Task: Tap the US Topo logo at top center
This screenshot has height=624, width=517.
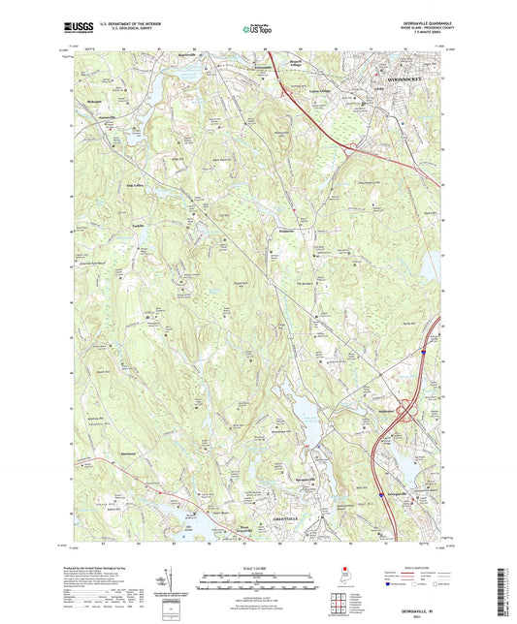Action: (x=257, y=30)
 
